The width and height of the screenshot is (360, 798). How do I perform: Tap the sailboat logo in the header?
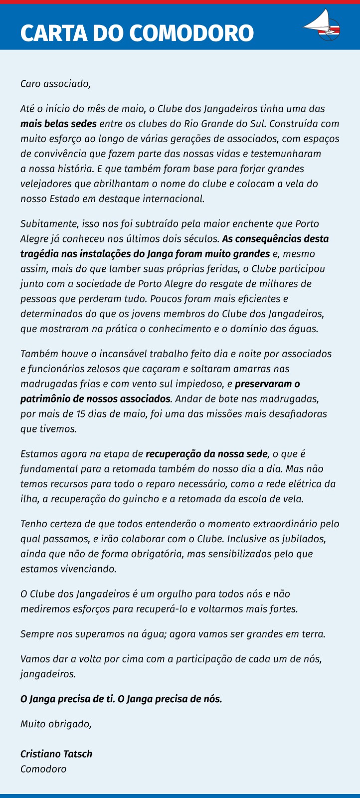pos(321,26)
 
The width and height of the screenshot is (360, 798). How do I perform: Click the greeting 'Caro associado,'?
pos(55,83)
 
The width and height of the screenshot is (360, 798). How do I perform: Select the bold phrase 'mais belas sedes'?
pos(58,123)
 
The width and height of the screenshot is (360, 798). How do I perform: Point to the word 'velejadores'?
pos(44,184)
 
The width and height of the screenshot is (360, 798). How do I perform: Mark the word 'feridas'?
pos(220,269)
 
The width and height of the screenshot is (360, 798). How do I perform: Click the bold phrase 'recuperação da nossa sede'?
pos(206,454)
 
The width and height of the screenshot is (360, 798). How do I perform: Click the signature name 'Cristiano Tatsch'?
pos(56,754)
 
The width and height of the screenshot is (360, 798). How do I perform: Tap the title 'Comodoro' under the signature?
pos(43,769)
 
